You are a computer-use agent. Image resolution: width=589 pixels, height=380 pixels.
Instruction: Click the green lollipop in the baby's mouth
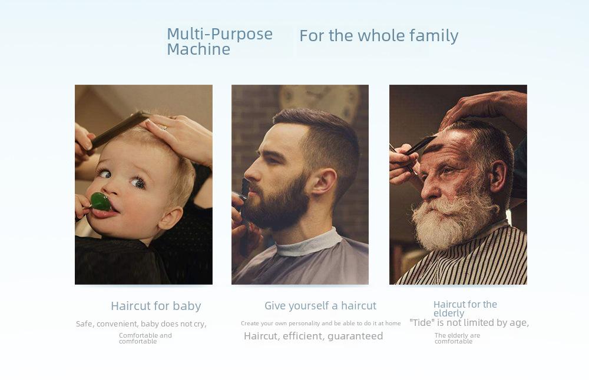tap(101, 201)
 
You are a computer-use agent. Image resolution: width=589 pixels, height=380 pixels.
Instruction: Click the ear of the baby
tap(171, 218)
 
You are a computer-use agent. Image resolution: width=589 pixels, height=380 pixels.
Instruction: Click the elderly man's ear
tap(498, 176)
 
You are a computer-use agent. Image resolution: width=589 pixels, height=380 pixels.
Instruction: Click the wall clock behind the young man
tap(319, 98)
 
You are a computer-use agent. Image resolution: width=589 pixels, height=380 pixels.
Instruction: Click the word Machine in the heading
tap(198, 49)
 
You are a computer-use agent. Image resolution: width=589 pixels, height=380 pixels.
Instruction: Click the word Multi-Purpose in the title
tap(220, 34)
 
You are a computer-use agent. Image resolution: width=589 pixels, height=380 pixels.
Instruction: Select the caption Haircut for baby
tap(156, 306)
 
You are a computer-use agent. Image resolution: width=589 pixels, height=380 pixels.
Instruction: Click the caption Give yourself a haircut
tap(320, 306)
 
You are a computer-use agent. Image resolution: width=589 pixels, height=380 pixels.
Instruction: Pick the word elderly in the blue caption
tap(449, 313)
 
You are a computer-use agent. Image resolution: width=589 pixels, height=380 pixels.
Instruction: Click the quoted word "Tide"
tap(422, 322)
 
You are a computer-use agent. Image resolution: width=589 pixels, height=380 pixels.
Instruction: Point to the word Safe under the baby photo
tap(84, 324)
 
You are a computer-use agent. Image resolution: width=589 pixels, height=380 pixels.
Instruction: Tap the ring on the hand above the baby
tap(163, 127)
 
